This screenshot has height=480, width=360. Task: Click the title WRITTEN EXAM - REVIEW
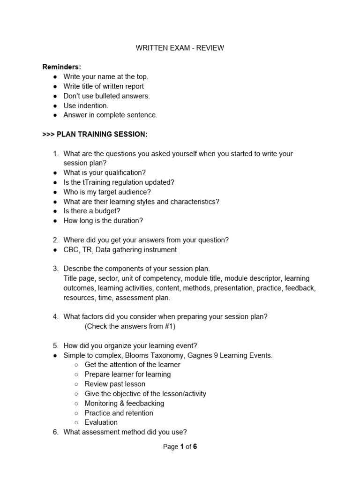[x=180, y=48]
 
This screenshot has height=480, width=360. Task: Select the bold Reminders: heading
[x=62, y=67]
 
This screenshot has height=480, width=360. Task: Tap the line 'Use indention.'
[x=86, y=105]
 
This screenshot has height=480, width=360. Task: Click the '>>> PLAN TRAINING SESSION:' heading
[x=95, y=135]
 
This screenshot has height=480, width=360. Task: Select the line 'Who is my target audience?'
[x=107, y=192]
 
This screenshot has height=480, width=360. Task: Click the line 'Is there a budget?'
[x=92, y=211]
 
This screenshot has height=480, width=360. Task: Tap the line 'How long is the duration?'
[x=103, y=220]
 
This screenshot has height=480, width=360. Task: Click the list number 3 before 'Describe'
[x=55, y=269]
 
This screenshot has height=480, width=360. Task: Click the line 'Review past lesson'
[x=115, y=384]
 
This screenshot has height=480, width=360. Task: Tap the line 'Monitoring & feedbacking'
[x=124, y=403]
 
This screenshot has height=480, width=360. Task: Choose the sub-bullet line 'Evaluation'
[x=101, y=422]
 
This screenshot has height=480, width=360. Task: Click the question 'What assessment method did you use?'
[x=125, y=432]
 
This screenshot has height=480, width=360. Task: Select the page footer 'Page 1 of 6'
[x=180, y=447]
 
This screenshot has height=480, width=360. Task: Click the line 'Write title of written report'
[x=104, y=86]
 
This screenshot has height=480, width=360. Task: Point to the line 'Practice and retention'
[x=119, y=413]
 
